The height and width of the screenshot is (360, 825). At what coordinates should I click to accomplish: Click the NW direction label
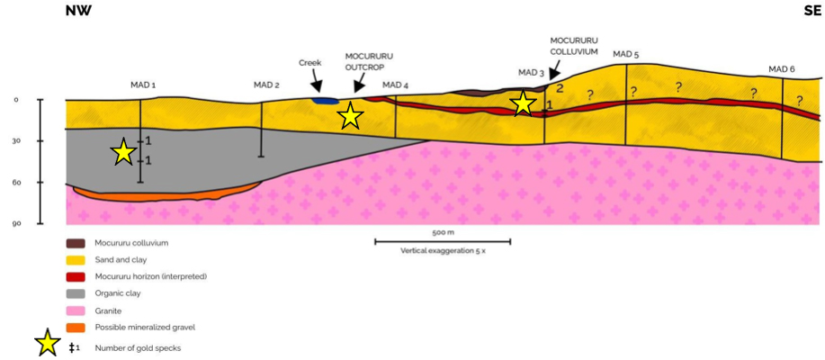coord(79,11)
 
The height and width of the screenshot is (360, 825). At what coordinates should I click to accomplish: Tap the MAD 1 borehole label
coord(143,85)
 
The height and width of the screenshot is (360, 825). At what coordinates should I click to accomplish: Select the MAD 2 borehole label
coord(266,85)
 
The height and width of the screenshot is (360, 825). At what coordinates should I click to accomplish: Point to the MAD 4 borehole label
coord(395,85)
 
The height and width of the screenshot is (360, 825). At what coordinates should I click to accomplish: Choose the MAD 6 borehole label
coord(781,69)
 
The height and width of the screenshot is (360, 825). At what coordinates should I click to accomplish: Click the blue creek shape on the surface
coord(326,100)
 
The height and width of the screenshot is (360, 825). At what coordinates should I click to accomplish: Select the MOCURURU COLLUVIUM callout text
coord(574,46)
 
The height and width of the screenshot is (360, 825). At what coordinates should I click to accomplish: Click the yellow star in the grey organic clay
coord(124,153)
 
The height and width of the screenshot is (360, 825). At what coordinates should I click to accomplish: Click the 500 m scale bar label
coord(443,232)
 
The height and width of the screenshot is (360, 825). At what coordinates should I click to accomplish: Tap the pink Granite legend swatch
coord(76,310)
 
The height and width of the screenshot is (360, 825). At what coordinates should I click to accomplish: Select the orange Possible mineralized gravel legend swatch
coord(76,327)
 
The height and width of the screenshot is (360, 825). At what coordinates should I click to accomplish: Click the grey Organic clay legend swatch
coord(76,293)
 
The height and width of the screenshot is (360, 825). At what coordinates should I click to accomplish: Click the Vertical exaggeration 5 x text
coord(443,251)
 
